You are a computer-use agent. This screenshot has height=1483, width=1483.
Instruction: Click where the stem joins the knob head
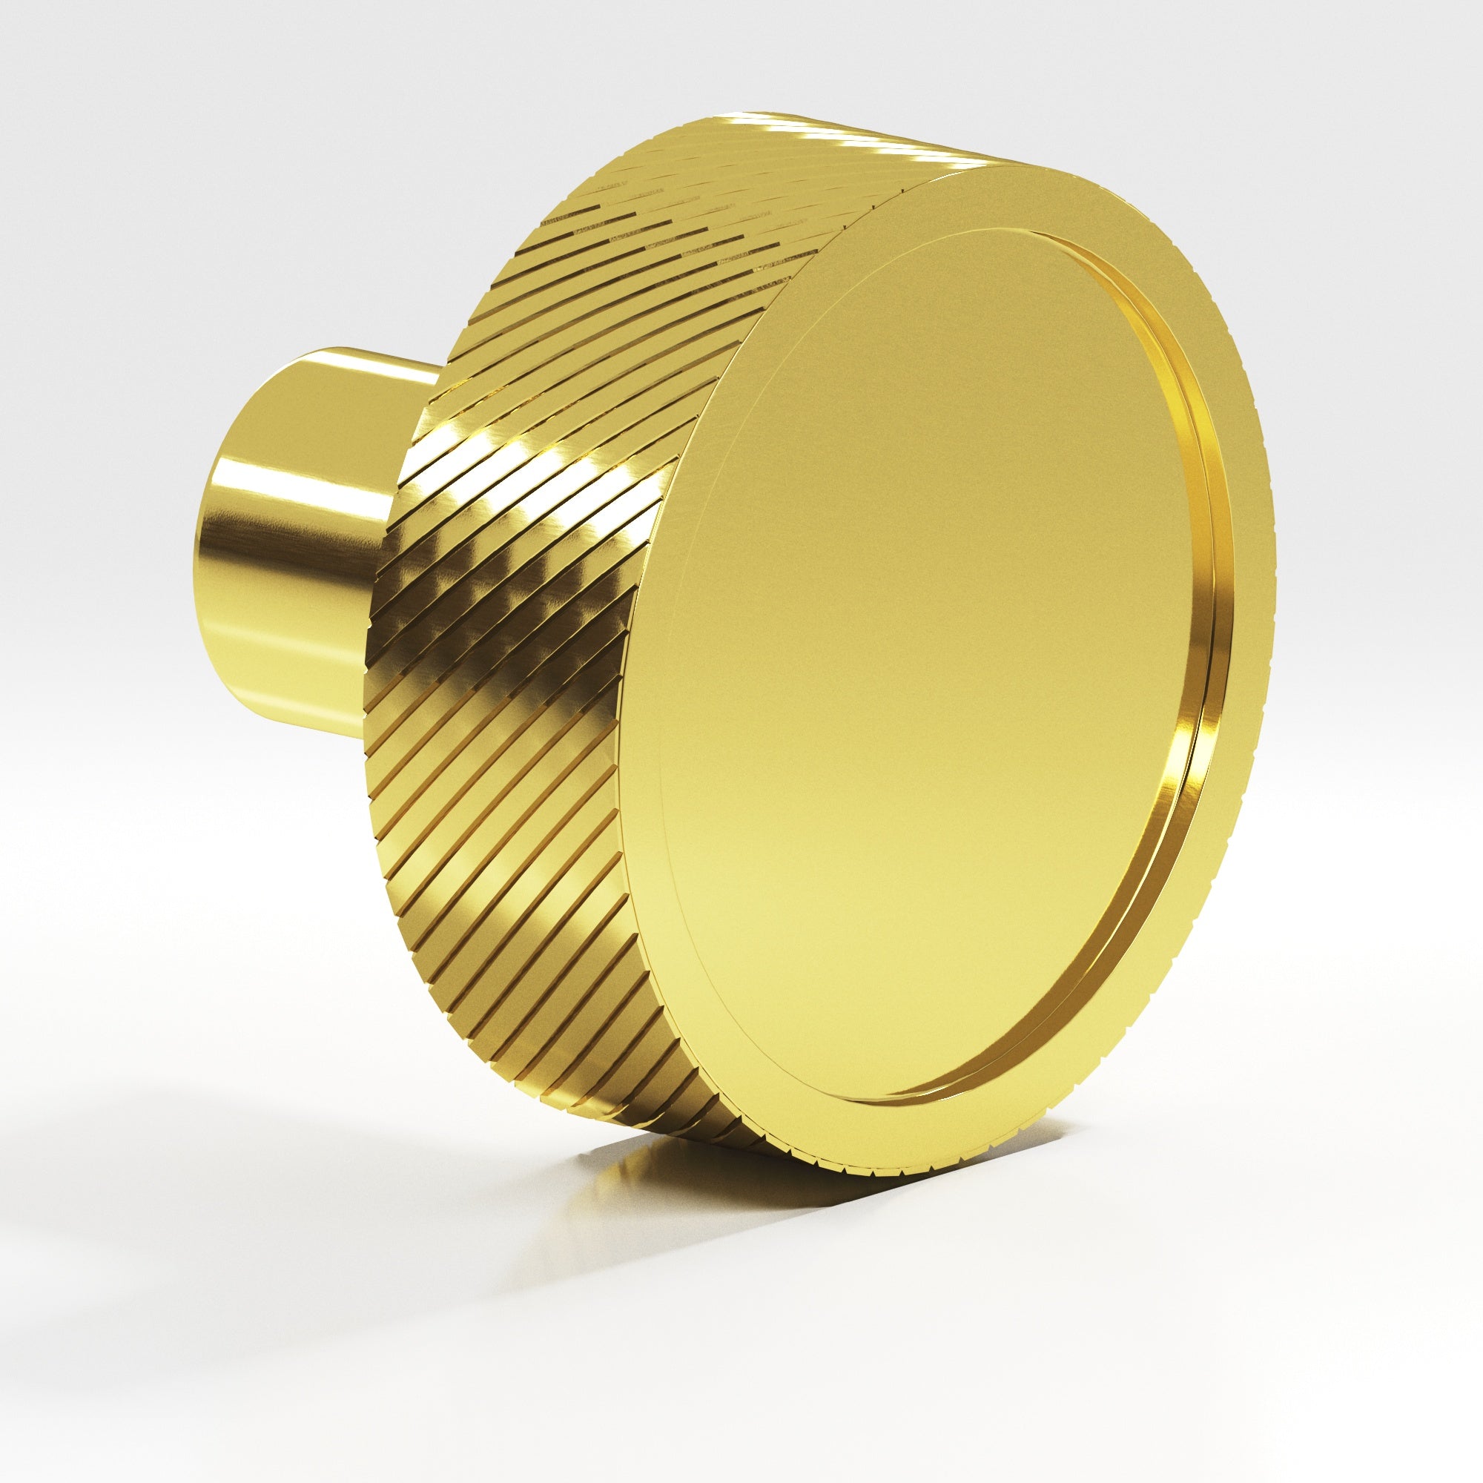(399, 538)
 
